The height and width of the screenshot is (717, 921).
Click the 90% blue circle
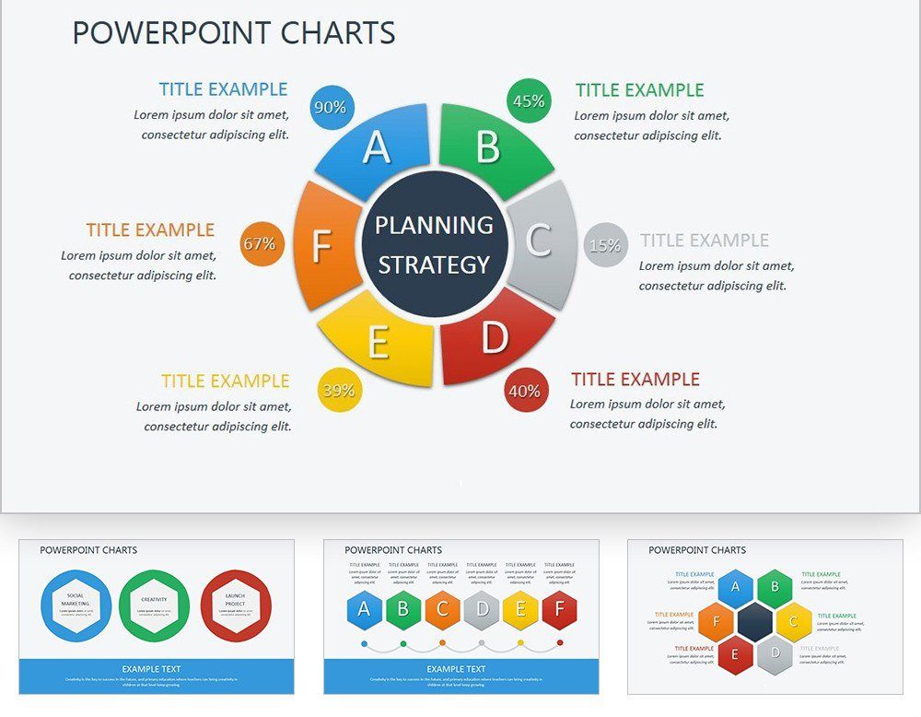click(330, 107)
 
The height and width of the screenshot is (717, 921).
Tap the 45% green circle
click(529, 101)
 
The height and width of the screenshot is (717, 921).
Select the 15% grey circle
click(605, 245)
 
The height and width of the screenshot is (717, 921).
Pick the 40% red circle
click(525, 391)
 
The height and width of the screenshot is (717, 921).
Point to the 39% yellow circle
click(338, 390)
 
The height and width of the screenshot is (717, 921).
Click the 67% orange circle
click(259, 244)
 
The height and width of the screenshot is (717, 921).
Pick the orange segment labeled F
click(321, 247)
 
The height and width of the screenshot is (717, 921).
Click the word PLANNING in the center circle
click(434, 225)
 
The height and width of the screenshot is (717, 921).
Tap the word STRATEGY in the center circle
click(434, 265)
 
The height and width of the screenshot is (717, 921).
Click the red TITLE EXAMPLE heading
click(635, 379)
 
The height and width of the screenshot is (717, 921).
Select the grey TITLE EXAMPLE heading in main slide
click(705, 240)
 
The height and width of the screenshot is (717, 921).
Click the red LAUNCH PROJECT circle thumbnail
click(236, 605)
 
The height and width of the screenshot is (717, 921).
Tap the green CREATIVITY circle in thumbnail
click(155, 605)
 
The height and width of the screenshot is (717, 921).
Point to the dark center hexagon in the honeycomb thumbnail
click(755, 622)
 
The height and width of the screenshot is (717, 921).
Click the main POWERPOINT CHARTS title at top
click(234, 33)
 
